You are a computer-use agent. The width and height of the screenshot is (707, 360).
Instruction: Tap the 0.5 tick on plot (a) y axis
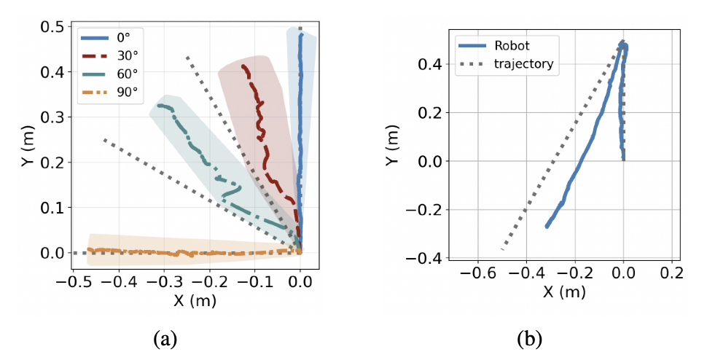click(53, 27)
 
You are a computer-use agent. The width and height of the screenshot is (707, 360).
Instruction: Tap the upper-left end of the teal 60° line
click(155, 106)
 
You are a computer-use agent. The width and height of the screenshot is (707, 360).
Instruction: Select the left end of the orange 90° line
click(88, 249)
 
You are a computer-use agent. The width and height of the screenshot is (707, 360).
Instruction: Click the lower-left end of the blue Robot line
click(547, 227)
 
